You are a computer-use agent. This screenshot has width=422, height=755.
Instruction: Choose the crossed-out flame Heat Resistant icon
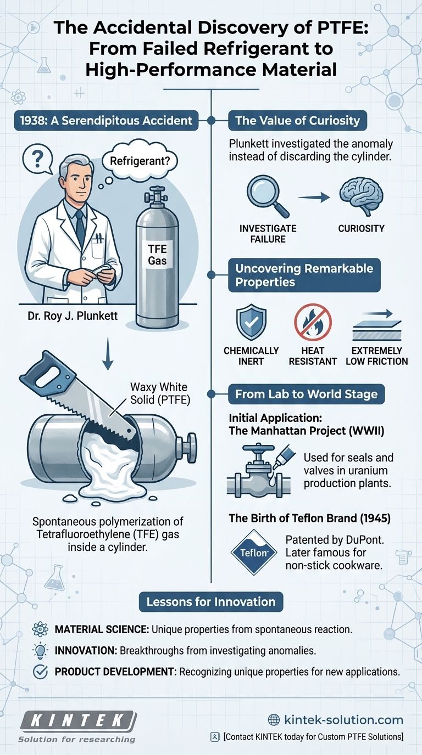click(313, 324)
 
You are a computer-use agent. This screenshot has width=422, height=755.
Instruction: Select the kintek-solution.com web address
click(336, 720)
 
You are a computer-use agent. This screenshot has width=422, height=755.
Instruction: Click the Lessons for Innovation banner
click(211, 601)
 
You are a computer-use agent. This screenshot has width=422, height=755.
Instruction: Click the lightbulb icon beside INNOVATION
click(40, 649)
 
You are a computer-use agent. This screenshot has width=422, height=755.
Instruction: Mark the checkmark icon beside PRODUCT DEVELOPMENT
click(40, 670)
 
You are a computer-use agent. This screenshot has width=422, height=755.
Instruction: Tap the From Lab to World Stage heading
click(307, 394)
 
